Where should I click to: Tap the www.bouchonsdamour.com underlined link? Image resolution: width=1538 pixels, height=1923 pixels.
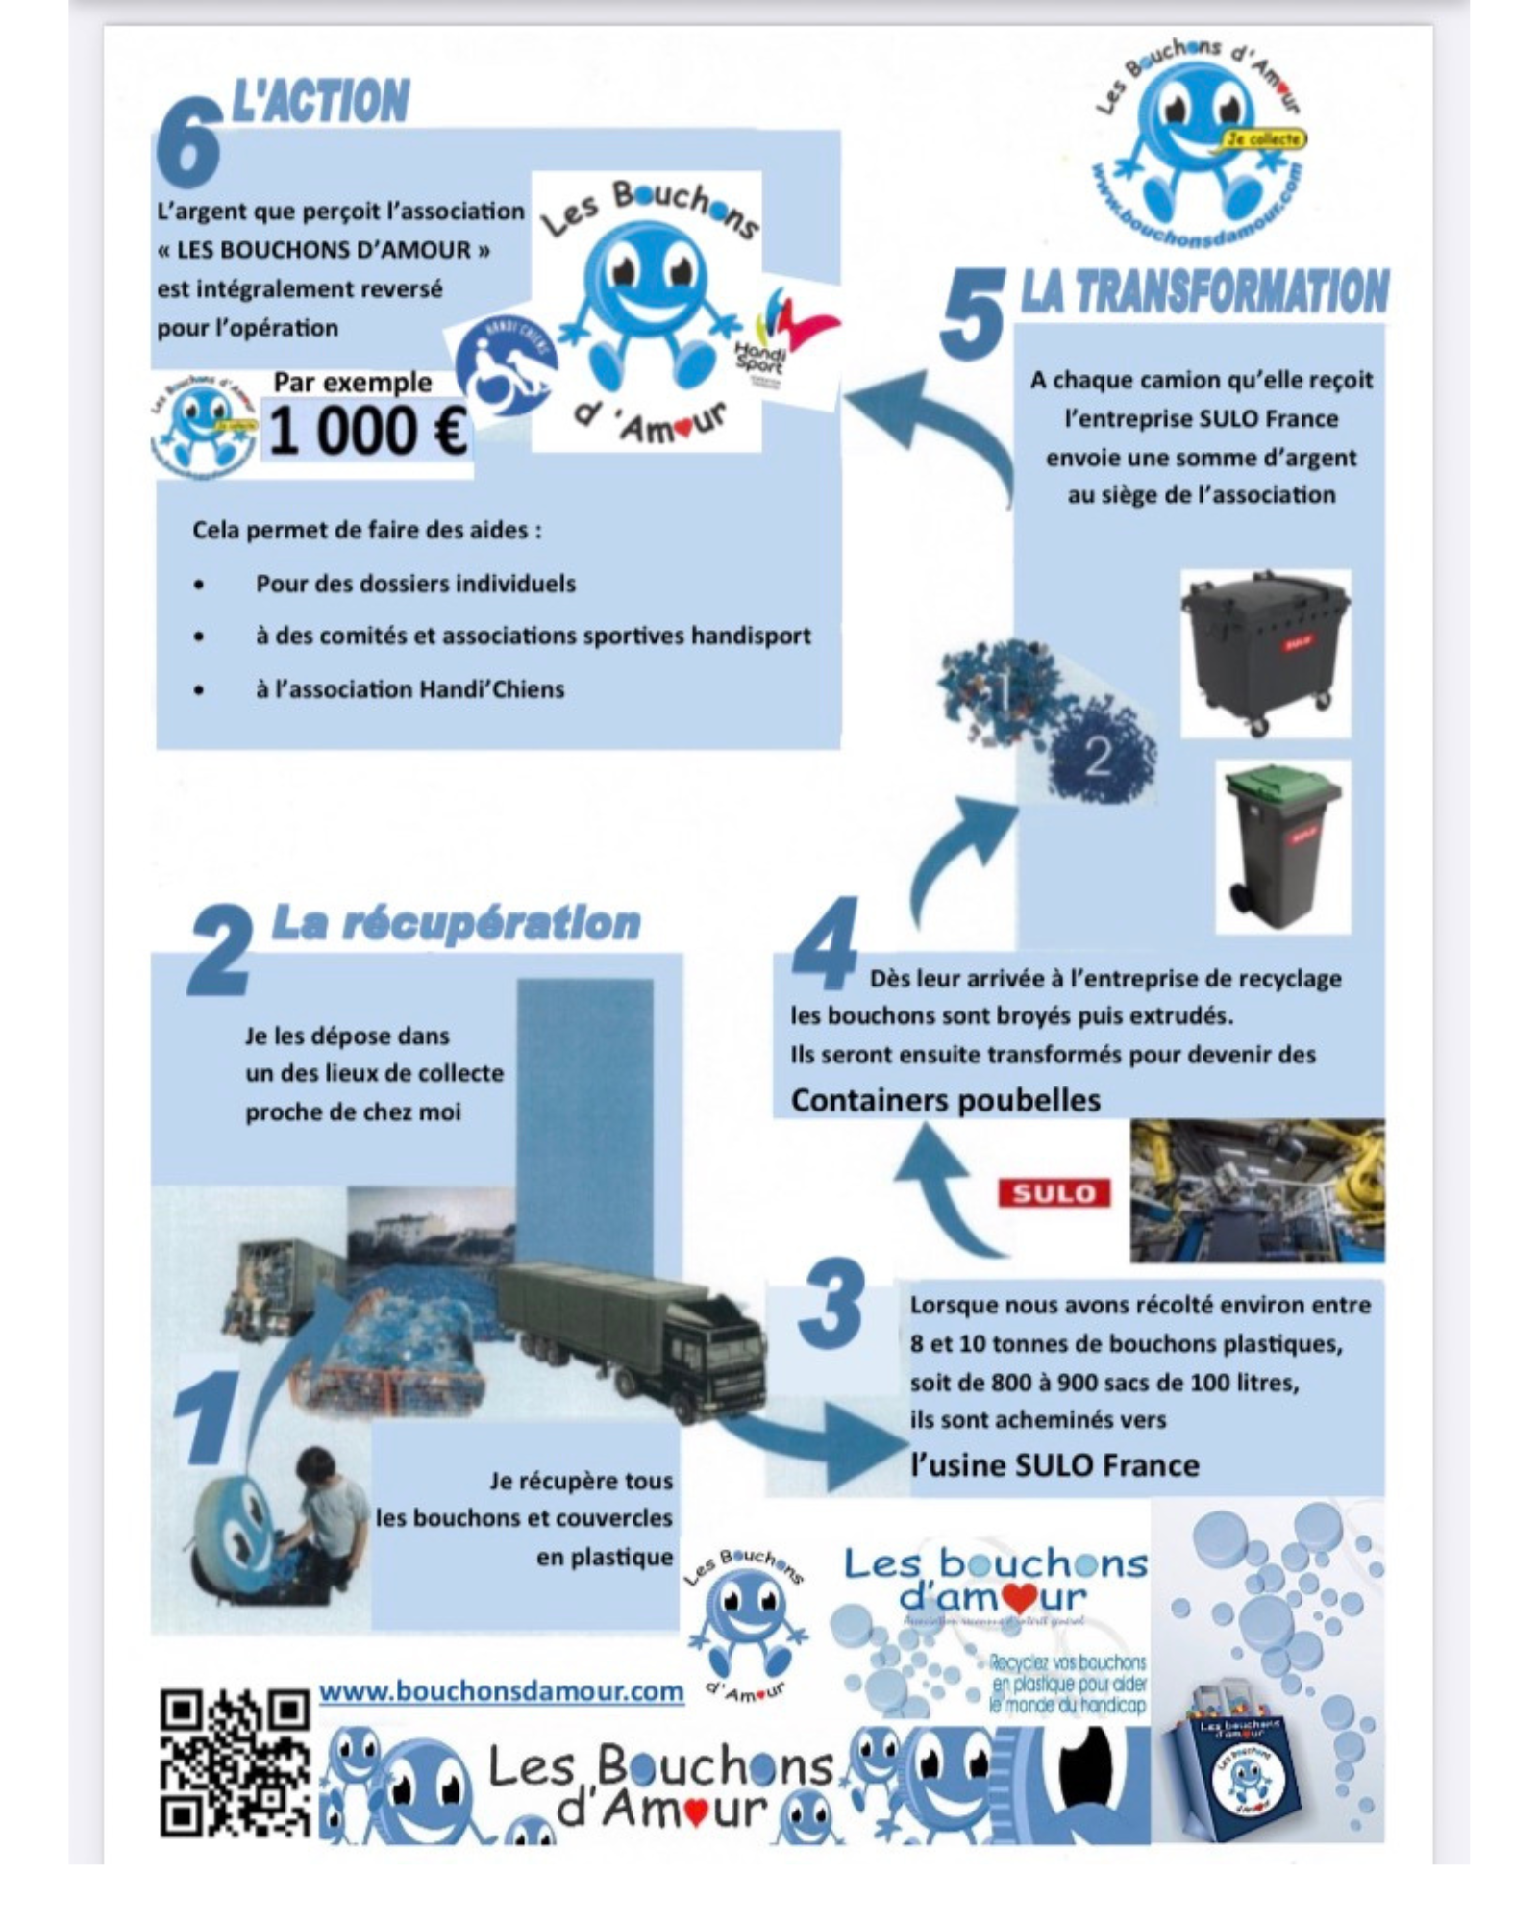(501, 1690)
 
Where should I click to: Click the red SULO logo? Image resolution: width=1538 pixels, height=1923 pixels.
(1054, 1193)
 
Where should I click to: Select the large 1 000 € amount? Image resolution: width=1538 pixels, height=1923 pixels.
(367, 431)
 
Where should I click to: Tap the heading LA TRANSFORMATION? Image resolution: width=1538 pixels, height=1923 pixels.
(1203, 292)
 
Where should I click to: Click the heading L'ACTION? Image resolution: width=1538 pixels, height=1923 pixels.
(321, 103)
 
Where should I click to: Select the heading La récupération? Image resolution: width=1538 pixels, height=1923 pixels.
(456, 923)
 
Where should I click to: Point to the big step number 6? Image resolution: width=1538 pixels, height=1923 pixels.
(188, 144)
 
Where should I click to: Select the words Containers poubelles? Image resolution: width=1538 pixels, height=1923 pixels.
(945, 1100)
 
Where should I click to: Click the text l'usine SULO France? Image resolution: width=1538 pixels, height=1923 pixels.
(1054, 1465)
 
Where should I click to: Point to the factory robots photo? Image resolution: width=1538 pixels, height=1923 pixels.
(1256, 1190)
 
